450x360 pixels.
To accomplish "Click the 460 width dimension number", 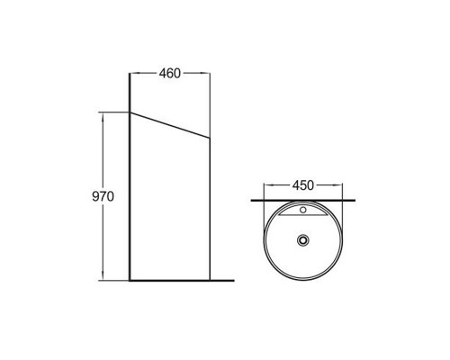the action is click(170, 74).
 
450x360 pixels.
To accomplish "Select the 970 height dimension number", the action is click(103, 196).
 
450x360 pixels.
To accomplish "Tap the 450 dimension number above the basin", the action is click(303, 185).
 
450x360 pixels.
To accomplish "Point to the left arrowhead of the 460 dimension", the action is click(134, 73).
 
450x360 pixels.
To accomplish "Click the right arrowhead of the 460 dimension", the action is click(205, 73).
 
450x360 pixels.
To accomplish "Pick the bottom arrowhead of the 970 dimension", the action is click(103, 276).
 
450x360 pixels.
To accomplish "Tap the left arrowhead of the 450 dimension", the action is click(268, 185).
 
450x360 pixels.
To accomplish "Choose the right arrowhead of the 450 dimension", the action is click(337, 185).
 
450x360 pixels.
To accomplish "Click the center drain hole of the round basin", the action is click(303, 240).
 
